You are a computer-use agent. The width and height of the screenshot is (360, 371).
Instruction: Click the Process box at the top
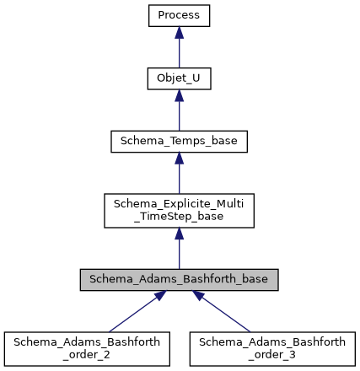coord(179,15)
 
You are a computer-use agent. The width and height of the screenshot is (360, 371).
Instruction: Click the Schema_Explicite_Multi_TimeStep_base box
coord(179,211)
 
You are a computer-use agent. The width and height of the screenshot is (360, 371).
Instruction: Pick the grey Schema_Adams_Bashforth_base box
coord(179,280)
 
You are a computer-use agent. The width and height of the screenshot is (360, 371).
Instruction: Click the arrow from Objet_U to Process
coord(179,51)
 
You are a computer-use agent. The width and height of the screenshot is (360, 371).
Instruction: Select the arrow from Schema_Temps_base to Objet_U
coord(179,114)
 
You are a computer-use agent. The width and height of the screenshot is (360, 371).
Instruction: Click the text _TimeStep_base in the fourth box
coord(179,218)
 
